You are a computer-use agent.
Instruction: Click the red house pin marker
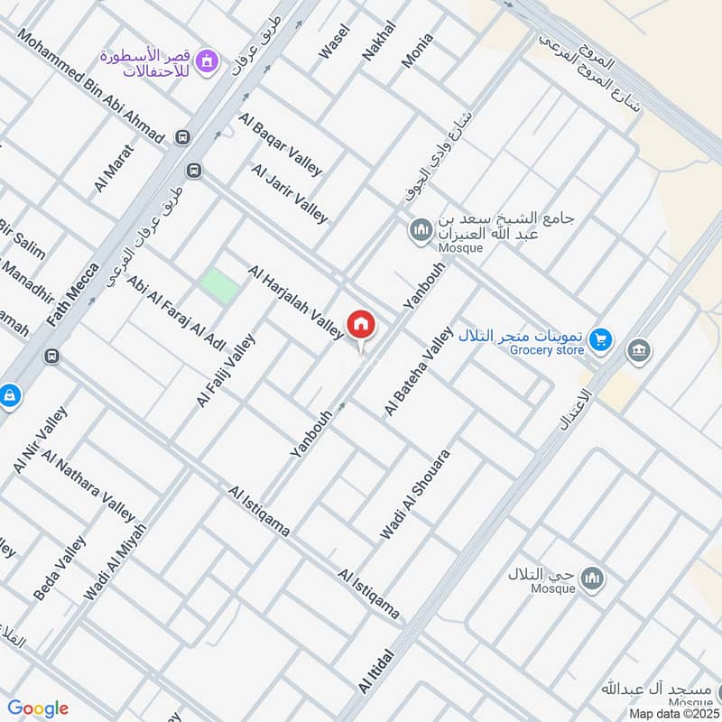pos(361,325)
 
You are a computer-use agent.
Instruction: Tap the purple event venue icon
pos(208,60)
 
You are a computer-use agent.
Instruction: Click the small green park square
pos(219,286)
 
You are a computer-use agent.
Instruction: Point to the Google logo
pos(38,708)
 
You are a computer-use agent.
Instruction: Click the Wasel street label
pos(333,42)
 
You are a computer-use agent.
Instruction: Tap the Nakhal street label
pos(378,41)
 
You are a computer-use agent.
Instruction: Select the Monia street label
pos(417,51)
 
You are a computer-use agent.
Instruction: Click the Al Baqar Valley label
pos(280,144)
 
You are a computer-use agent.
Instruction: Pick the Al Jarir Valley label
pos(290,193)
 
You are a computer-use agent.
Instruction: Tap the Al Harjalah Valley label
pos(295,302)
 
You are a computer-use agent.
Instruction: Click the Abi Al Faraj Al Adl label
pos(176,313)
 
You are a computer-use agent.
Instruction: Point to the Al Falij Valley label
pos(226,370)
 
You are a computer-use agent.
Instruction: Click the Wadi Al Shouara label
pos(414,495)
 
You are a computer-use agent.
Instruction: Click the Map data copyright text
pos(674,713)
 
